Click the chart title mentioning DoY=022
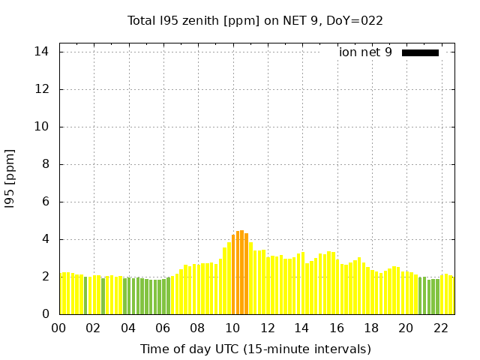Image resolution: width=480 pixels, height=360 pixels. (255, 21)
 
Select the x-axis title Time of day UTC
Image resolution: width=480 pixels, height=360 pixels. (255, 349)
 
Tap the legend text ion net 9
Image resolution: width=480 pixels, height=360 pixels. (365, 52)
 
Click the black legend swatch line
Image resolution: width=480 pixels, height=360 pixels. (420, 52)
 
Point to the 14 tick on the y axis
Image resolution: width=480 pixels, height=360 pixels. (42, 52)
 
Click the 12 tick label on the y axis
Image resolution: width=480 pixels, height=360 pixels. (42, 89)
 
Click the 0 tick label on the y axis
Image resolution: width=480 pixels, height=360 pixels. (46, 314)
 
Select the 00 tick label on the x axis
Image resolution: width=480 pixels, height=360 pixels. (59, 328)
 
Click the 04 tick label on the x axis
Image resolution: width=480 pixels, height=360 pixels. (128, 328)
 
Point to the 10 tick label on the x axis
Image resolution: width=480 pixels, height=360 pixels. (232, 328)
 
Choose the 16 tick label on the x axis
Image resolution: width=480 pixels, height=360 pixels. (337, 328)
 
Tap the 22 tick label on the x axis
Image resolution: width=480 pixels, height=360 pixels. (441, 328)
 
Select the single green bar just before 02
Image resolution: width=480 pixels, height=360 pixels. (85, 295)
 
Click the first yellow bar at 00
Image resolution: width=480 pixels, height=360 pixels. (63, 293)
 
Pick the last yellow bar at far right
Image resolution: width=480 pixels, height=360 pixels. (452, 295)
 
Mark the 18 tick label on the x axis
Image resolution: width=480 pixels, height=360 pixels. (371, 328)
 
